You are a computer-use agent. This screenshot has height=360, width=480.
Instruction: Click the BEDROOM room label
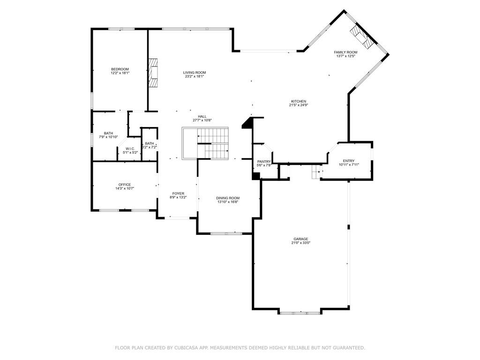120,69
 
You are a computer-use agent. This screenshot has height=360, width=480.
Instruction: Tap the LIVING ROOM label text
195,73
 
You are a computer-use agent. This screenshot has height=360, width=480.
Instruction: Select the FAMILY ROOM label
345,52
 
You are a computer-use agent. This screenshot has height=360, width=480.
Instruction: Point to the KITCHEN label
299,102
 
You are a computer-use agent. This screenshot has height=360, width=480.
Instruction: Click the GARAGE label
300,239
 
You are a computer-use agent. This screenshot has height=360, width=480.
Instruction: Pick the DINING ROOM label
228,198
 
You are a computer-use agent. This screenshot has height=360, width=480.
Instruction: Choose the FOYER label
178,194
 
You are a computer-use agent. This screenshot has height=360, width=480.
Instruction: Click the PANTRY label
264,162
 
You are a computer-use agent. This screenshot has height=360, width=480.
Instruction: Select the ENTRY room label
348,161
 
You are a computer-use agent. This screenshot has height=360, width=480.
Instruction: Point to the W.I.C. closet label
130,149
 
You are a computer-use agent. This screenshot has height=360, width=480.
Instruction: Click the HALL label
202,117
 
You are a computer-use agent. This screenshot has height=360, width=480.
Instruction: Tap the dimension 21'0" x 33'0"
300,243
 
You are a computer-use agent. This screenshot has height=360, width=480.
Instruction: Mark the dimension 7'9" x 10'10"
108,137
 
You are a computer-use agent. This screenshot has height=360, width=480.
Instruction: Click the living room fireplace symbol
153,73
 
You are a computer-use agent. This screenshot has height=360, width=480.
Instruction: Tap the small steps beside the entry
315,172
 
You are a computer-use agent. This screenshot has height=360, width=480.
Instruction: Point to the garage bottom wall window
300,312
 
